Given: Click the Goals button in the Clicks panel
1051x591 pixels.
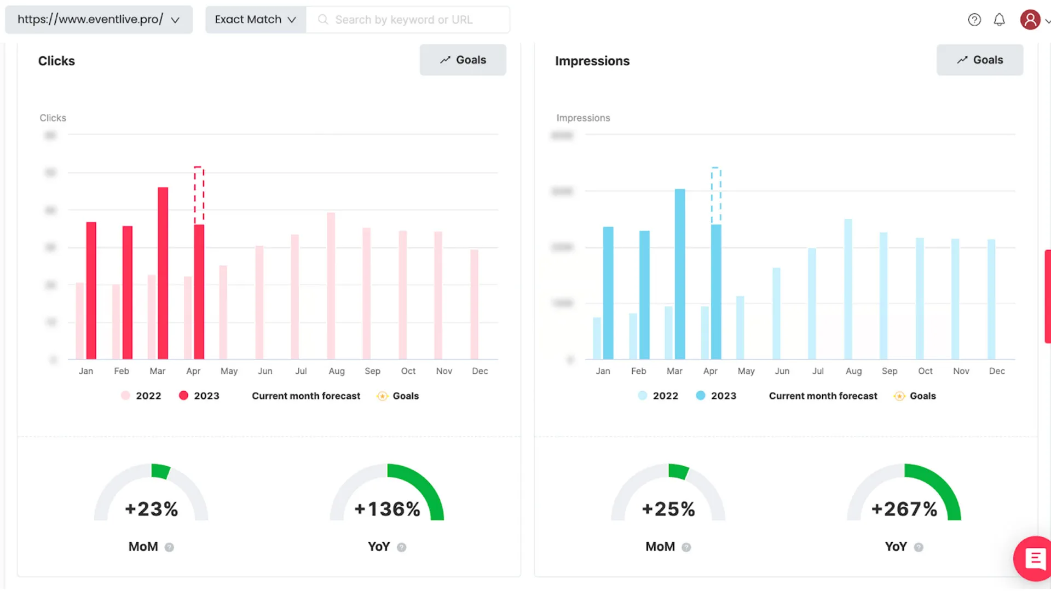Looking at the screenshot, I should coord(463,60).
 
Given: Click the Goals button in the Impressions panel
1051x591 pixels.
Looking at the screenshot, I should coord(979,60).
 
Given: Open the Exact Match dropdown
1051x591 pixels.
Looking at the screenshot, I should coord(255,20).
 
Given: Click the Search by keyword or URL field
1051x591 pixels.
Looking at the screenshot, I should coord(408,20).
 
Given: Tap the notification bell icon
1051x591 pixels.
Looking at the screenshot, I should coord(999,20).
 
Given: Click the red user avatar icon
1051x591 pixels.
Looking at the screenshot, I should coord(1030,20).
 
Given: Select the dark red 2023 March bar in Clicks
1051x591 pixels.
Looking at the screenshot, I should coord(163,274).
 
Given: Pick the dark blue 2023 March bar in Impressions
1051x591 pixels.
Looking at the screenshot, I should coord(680,274).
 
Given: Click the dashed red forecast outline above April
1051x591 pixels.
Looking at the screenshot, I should coord(199,195).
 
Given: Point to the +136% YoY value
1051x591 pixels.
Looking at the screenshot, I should coord(387,509).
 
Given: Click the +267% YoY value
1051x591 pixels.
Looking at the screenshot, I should coord(904,509).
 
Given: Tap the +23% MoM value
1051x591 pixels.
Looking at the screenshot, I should coord(152,509).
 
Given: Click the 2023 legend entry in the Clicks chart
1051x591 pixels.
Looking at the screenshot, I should coord(199,396).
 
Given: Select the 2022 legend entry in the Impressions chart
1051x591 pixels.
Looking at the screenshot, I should coord(659,396).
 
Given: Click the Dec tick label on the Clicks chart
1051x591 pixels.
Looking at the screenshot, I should coord(480,371).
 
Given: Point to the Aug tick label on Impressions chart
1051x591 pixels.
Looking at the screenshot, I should coord(853,371).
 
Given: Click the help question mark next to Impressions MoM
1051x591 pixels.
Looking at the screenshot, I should coord(686,547).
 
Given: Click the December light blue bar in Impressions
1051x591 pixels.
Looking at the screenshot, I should coord(991,299).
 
